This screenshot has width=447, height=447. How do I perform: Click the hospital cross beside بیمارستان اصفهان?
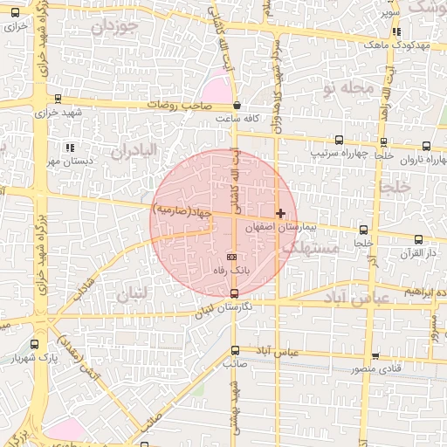[280, 213]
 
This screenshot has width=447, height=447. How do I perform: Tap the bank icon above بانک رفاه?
[231, 257]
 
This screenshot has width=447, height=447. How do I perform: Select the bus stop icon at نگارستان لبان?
[233, 293]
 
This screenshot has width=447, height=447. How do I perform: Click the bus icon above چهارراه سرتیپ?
[339, 140]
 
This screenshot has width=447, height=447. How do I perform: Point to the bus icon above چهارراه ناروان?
[427, 146]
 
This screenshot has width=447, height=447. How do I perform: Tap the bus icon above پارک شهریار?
[34, 345]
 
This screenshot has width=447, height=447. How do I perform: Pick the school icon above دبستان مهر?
[69, 148]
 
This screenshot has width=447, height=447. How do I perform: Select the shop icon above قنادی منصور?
[375, 355]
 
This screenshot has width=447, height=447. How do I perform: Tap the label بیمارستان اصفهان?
[279, 226]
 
